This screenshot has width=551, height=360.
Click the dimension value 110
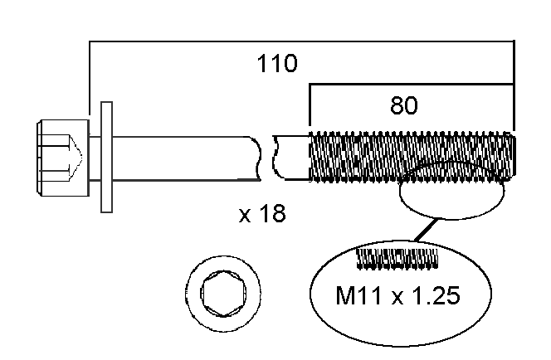(278, 64)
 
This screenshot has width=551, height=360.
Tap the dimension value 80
(404, 105)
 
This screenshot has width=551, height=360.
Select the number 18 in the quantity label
(271, 214)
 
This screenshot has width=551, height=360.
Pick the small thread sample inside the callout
(397, 258)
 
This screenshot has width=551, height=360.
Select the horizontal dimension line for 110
(299, 40)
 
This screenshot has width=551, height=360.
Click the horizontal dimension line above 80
(411, 84)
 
